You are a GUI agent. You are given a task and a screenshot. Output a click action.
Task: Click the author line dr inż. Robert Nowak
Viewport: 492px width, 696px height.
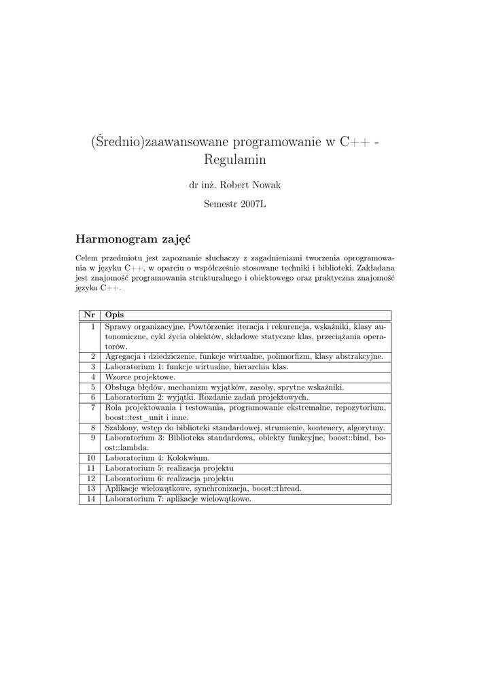coord(234,186)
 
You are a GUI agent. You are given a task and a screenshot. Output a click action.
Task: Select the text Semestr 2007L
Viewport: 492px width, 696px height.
coord(234,205)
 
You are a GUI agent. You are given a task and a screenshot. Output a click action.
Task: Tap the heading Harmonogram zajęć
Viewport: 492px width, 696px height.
coord(133,239)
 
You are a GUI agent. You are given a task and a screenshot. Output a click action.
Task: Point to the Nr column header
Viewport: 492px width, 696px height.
coord(88,315)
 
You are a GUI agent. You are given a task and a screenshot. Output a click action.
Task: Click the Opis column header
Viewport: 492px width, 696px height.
coord(114,315)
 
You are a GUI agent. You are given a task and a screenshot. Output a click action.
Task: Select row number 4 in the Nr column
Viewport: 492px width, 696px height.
coord(92,377)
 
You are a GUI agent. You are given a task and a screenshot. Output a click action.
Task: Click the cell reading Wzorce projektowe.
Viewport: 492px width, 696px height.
coord(140,377)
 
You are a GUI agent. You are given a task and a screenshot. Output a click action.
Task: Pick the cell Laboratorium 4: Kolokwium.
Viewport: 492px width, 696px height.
coord(157,458)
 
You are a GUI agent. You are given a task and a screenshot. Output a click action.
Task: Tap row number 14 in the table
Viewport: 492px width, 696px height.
coord(90,499)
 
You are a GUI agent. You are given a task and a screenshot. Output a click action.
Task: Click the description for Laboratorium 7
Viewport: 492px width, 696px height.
coord(178,499)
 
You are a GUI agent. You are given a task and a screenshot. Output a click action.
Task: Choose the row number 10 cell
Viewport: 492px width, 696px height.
coord(90,458)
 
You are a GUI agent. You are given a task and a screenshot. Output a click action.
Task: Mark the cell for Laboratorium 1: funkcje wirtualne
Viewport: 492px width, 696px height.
coord(196,366)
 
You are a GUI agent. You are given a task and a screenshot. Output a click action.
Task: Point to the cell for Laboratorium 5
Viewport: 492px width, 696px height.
coord(169,468)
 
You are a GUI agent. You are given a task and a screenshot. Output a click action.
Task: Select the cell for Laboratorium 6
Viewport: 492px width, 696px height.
coord(169,478)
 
